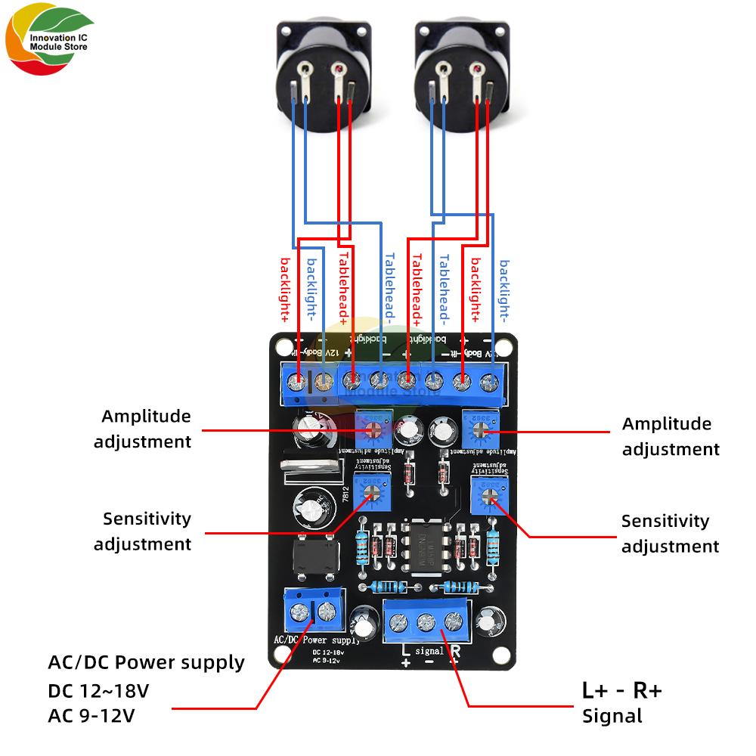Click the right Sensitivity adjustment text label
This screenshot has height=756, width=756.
click(x=670, y=533)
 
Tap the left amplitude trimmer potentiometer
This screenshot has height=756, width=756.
click(x=373, y=429)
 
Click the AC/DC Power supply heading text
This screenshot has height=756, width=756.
click(x=146, y=663)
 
